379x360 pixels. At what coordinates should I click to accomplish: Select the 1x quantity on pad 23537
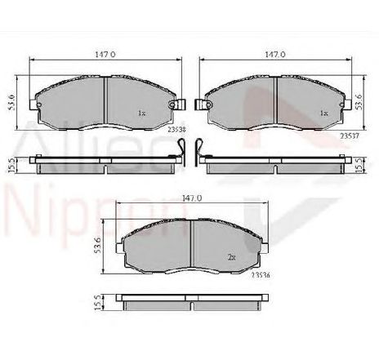coord(324,112)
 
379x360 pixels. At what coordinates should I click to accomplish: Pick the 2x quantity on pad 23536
coord(233,256)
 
